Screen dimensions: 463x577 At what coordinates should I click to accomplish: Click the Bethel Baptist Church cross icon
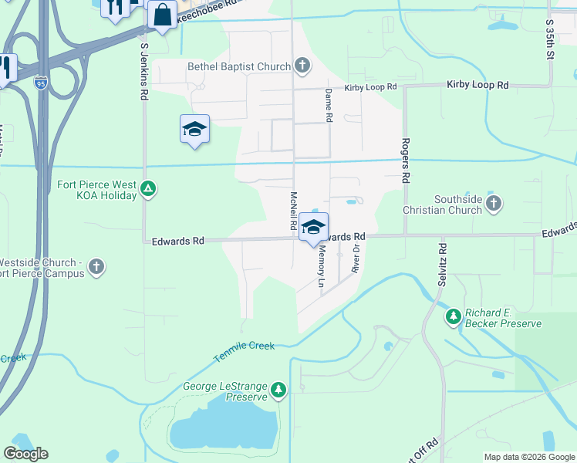[x=302, y=66]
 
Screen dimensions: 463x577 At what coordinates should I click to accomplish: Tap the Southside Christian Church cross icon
[x=494, y=204]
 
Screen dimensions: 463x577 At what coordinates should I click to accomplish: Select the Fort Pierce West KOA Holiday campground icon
[x=149, y=188]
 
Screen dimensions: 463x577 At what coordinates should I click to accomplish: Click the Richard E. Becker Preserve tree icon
[x=454, y=316]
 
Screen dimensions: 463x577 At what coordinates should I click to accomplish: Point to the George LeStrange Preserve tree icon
[x=278, y=391]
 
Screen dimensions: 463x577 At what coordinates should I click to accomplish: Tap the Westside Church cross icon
[x=96, y=267]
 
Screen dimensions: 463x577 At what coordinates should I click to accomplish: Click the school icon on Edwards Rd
[x=313, y=227]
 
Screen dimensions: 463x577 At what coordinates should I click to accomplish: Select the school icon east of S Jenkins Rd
[x=194, y=129]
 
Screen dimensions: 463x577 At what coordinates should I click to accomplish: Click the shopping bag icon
[x=163, y=15]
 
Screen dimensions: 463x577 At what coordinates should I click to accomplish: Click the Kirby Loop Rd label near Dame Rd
[x=370, y=88]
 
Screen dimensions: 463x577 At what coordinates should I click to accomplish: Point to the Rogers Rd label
[x=404, y=161]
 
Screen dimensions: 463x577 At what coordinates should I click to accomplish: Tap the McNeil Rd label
[x=293, y=211]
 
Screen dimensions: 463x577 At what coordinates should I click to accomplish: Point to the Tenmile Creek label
[x=244, y=346]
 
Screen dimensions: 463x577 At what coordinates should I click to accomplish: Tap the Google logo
[x=26, y=454]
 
